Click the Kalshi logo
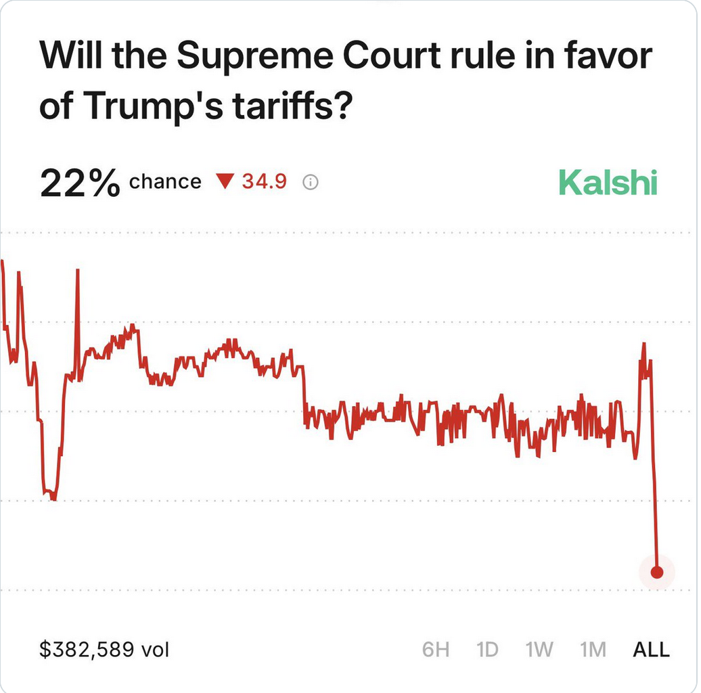pos(608,183)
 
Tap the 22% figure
pos(80,183)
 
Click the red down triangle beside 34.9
pos(225,181)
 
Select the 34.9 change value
pos(265,181)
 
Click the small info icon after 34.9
pos(311,182)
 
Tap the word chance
pos(165,182)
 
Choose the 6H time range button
pos(436,650)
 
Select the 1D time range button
pos(487,650)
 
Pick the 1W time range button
pos(539,650)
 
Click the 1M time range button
pos(593,650)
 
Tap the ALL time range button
pos(651,650)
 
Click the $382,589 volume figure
pos(87,650)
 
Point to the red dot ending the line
pos(656,573)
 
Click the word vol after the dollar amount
pos(155,650)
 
